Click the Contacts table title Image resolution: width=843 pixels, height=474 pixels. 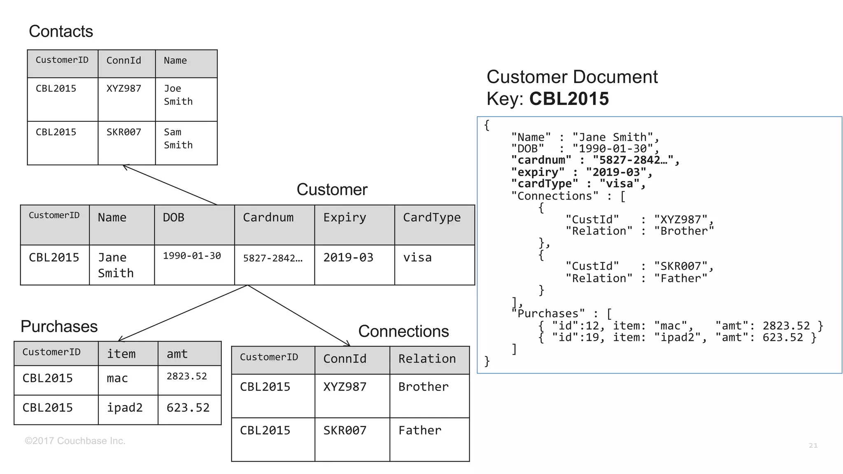pos(61,32)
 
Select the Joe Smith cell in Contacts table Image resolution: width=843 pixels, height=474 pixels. pos(178,95)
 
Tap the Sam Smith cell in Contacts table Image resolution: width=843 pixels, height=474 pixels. pos(178,139)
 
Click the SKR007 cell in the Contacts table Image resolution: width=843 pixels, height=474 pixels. pos(123,132)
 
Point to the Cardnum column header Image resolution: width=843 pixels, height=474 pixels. pos(268,217)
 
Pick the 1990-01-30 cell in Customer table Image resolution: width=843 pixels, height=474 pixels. pos(192,256)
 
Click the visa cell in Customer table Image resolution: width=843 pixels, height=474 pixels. pos(417,258)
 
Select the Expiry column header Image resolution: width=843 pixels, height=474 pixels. pos(345,217)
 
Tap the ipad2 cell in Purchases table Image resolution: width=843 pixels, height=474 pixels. pos(125,408)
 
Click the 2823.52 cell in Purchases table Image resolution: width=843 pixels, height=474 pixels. pos(186,376)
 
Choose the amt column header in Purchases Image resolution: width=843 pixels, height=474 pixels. pos(177,354)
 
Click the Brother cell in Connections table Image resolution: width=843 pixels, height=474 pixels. pos(423,387)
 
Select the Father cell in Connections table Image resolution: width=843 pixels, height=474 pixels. pos(419,430)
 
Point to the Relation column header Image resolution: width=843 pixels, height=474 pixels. pos(427,359)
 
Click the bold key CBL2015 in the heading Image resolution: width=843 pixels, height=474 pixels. pos(568,99)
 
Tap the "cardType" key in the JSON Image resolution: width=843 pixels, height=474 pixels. pos(544,184)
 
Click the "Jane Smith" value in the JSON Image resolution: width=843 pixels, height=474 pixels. pos(612,137)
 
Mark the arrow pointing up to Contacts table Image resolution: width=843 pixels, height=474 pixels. pos(170,185)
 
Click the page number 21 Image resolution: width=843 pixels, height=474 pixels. pos(813,446)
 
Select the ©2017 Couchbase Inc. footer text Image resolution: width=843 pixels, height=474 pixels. pos(75,441)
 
